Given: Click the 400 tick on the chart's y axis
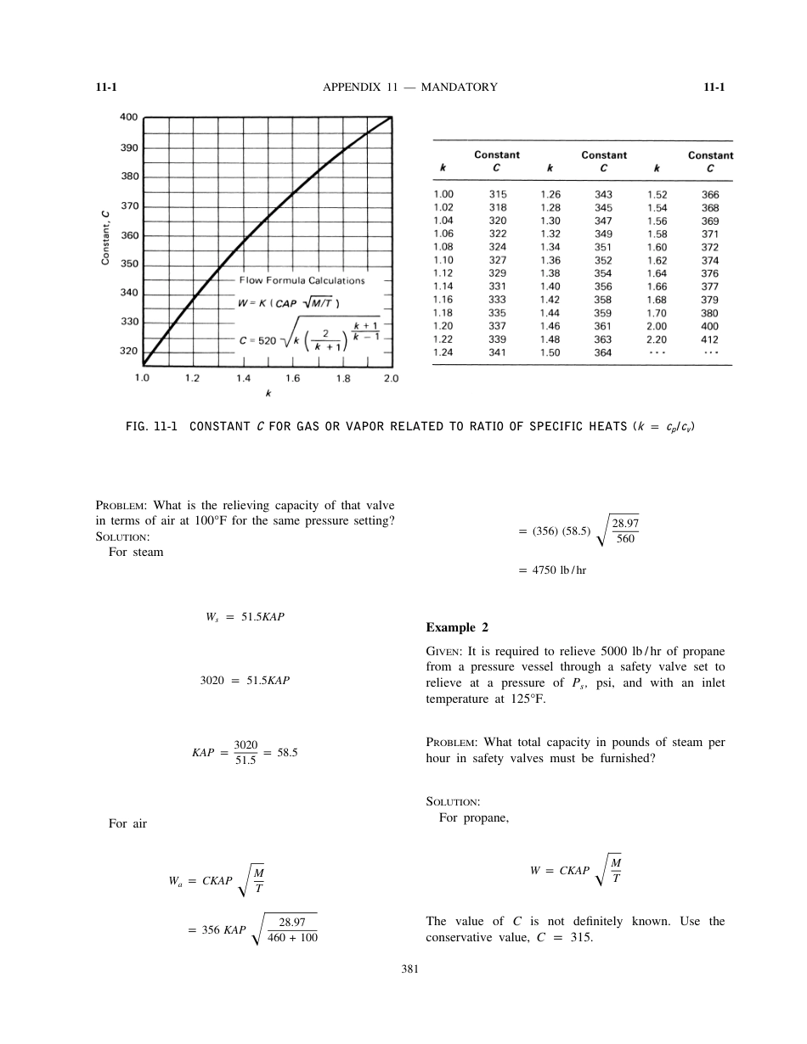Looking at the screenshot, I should [127, 117].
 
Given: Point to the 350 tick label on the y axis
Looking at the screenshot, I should [127, 264].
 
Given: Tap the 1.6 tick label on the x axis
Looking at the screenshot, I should [293, 379].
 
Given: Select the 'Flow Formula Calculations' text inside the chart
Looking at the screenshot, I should [302, 280].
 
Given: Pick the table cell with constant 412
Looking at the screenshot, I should [710, 339].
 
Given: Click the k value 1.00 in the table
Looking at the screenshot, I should [443, 194].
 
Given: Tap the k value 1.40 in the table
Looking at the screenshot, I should [550, 287].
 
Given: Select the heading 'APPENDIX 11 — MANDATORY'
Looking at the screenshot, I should [410, 87].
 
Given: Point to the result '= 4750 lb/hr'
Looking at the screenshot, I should [552, 570].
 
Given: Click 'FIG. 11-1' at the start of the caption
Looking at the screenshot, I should [150, 426].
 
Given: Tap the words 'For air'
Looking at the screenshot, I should [127, 823].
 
